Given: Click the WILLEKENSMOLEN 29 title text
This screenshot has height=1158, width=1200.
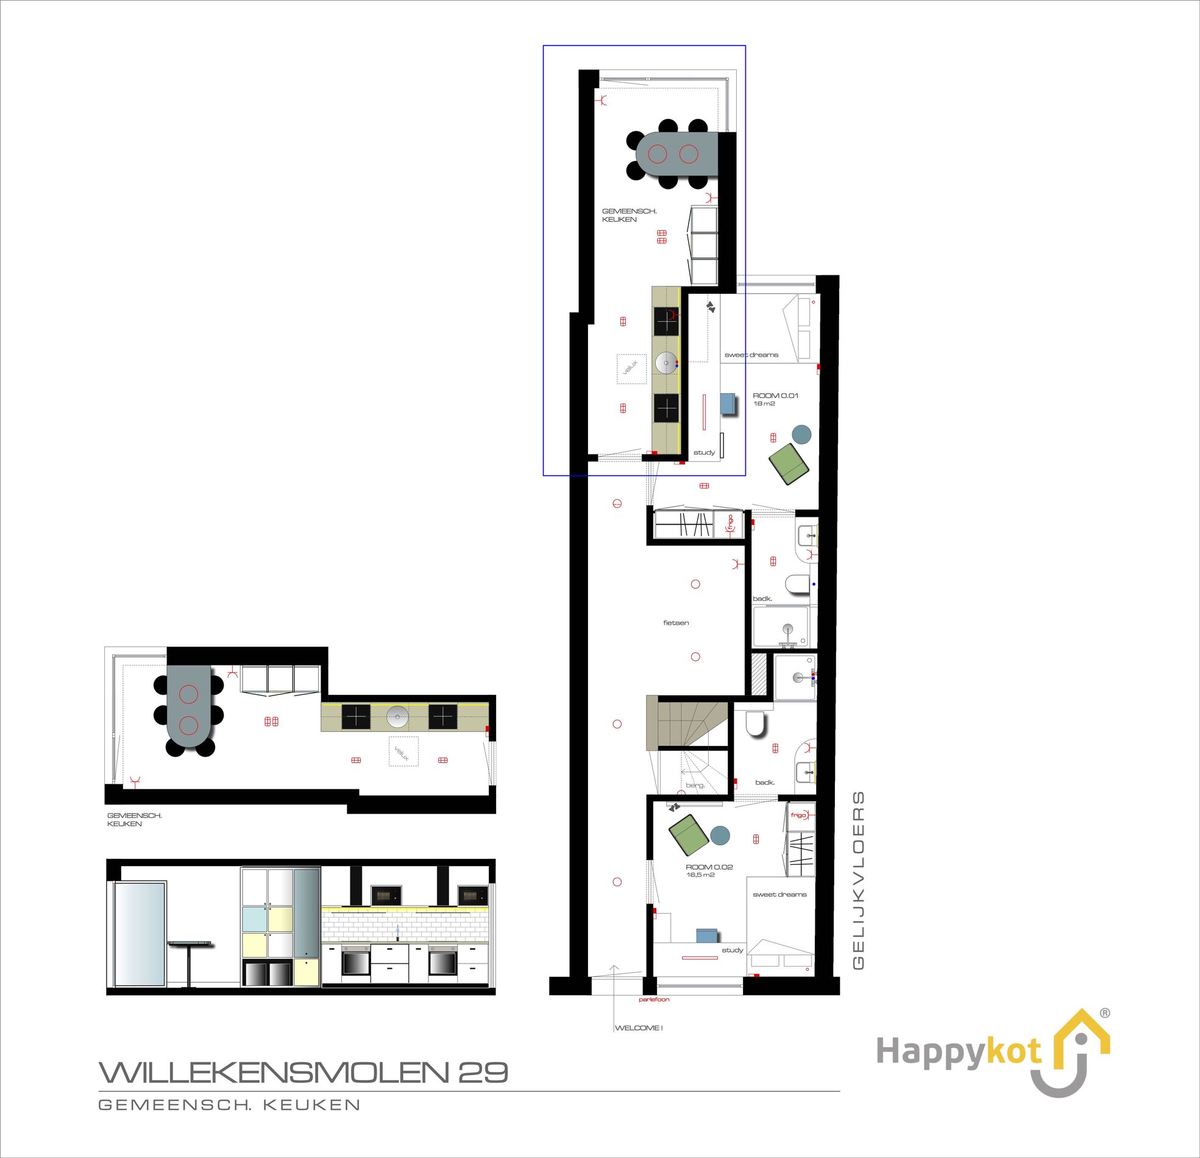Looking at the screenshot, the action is click(x=304, y=1072).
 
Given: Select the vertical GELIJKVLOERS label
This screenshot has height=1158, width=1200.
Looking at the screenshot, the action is click(x=858, y=881).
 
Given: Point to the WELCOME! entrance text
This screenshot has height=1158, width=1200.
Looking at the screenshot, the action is click(x=639, y=1028).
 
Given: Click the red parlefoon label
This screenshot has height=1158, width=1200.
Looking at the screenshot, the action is click(x=653, y=1000).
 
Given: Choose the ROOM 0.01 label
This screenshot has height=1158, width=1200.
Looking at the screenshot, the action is click(x=776, y=396).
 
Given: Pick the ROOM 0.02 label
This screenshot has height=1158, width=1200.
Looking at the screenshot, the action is click(x=709, y=867).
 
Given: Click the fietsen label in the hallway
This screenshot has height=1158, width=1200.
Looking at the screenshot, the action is click(x=676, y=623).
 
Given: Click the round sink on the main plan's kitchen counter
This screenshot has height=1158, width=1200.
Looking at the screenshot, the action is click(x=667, y=363).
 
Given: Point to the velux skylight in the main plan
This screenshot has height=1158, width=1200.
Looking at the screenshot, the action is click(x=631, y=369).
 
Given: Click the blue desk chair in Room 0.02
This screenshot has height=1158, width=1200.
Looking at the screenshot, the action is click(x=707, y=936).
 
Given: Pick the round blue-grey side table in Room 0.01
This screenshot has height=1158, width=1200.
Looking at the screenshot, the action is click(x=801, y=434).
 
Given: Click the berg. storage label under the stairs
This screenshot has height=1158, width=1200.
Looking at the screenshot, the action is click(x=695, y=785).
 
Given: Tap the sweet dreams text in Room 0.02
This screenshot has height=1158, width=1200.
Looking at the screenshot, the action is click(x=779, y=895).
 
